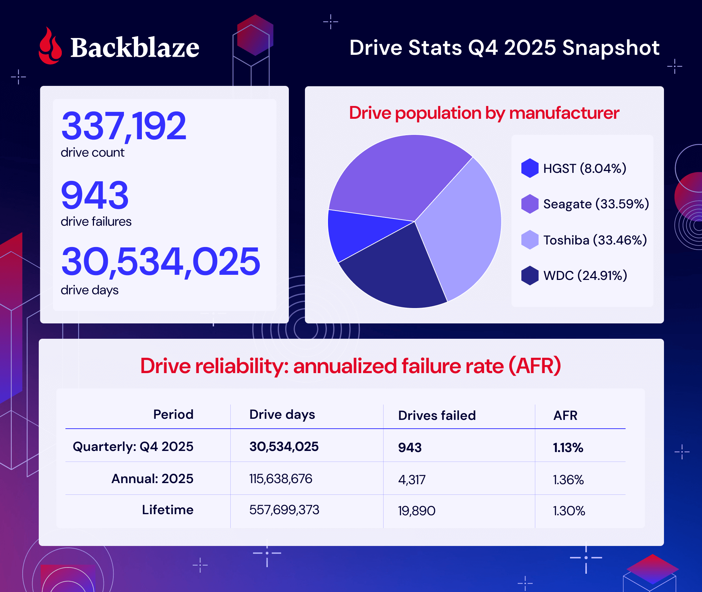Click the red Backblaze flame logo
tap(50, 47)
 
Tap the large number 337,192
tap(124, 126)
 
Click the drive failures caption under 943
tap(96, 221)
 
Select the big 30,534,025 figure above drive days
tap(161, 261)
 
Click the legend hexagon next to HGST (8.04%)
tap(530, 168)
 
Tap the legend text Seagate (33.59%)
tap(596, 204)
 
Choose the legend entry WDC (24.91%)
tap(585, 276)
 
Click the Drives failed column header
tap(437, 415)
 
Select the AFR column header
tap(565, 415)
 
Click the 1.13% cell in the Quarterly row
tap(568, 448)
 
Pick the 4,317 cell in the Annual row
tap(412, 479)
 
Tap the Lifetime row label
tap(167, 510)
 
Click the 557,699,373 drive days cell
tap(284, 510)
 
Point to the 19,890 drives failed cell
tap(416, 511)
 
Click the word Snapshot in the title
tap(611, 48)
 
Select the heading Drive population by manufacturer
tap(484, 113)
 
